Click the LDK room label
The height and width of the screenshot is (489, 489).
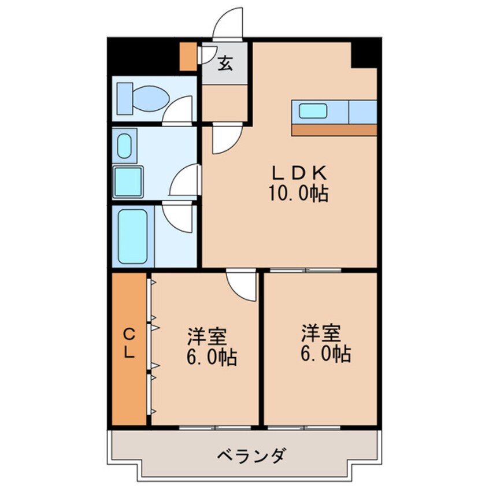[300, 172]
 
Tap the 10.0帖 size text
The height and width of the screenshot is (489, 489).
[297, 194]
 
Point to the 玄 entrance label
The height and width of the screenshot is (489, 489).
[225, 63]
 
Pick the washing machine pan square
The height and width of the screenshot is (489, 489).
[128, 181]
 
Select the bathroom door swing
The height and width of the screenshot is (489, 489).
[177, 216]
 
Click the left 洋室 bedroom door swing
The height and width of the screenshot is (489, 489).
[242, 285]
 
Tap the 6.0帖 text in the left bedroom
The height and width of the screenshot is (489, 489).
[211, 358]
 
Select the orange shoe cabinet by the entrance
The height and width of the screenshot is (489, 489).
[188, 55]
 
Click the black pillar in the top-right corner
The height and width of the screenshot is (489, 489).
[365, 53]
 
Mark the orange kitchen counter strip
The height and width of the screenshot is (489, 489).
[334, 129]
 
